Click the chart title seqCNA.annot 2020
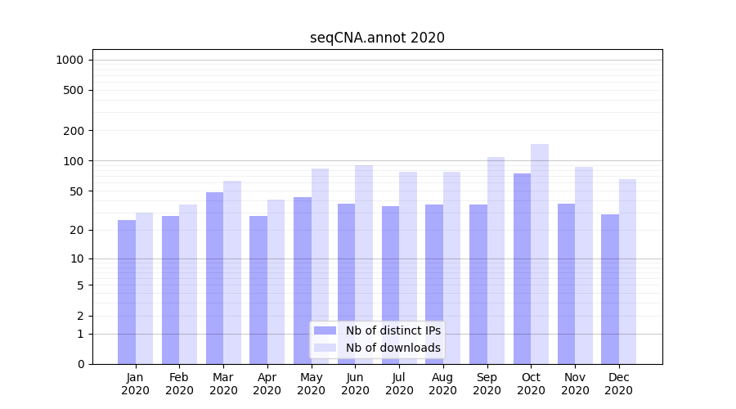377,38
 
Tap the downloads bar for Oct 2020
540,254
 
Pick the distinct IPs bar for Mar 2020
214,278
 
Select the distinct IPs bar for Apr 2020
258,290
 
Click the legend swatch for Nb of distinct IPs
325,330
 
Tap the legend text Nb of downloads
393,348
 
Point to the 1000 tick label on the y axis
70,60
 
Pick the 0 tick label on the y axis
80,364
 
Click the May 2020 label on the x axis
312,384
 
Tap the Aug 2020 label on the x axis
443,384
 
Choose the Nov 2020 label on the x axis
575,384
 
